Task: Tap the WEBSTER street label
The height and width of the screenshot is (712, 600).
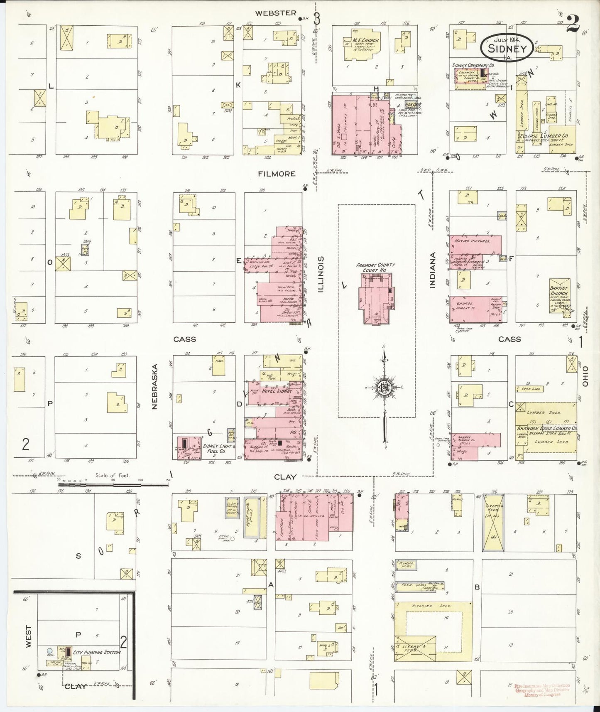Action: click(276, 13)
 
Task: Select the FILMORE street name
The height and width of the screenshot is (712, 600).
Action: click(277, 174)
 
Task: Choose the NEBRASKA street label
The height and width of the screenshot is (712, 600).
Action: click(155, 387)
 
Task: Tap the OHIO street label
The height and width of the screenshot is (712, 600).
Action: click(585, 377)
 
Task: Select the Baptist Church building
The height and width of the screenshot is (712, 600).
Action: click(559, 295)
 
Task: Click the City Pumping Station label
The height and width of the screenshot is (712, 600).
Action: click(97, 652)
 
